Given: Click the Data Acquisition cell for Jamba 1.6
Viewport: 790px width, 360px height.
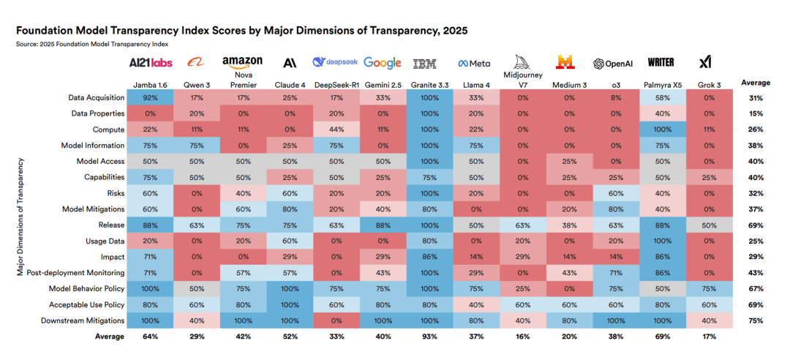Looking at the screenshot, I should tap(149, 97).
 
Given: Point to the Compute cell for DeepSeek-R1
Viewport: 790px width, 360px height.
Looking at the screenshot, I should tap(335, 130).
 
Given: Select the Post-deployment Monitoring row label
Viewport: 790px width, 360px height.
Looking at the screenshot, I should tap(76, 273).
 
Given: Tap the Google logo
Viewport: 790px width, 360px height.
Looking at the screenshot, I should tap(382, 63).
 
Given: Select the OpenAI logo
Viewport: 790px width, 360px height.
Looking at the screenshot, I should tap(613, 64).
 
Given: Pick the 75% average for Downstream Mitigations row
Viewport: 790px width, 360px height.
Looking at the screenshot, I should tap(756, 320).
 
